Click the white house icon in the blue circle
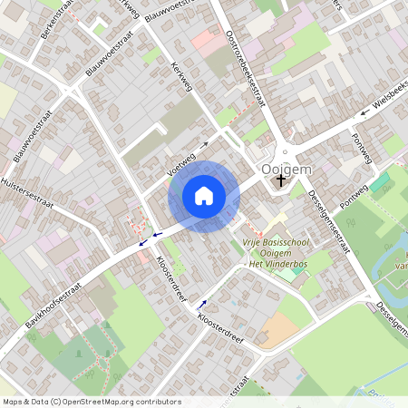[204, 195]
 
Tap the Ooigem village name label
[286, 168]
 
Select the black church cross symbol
[281, 180]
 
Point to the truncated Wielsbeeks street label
[390, 99]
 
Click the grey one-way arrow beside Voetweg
[204, 143]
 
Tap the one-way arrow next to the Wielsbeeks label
[362, 113]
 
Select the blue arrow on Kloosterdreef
[201, 304]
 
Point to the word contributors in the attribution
[156, 401]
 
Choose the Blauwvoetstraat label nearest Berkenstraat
[102, 60]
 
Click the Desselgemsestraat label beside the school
[329, 225]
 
